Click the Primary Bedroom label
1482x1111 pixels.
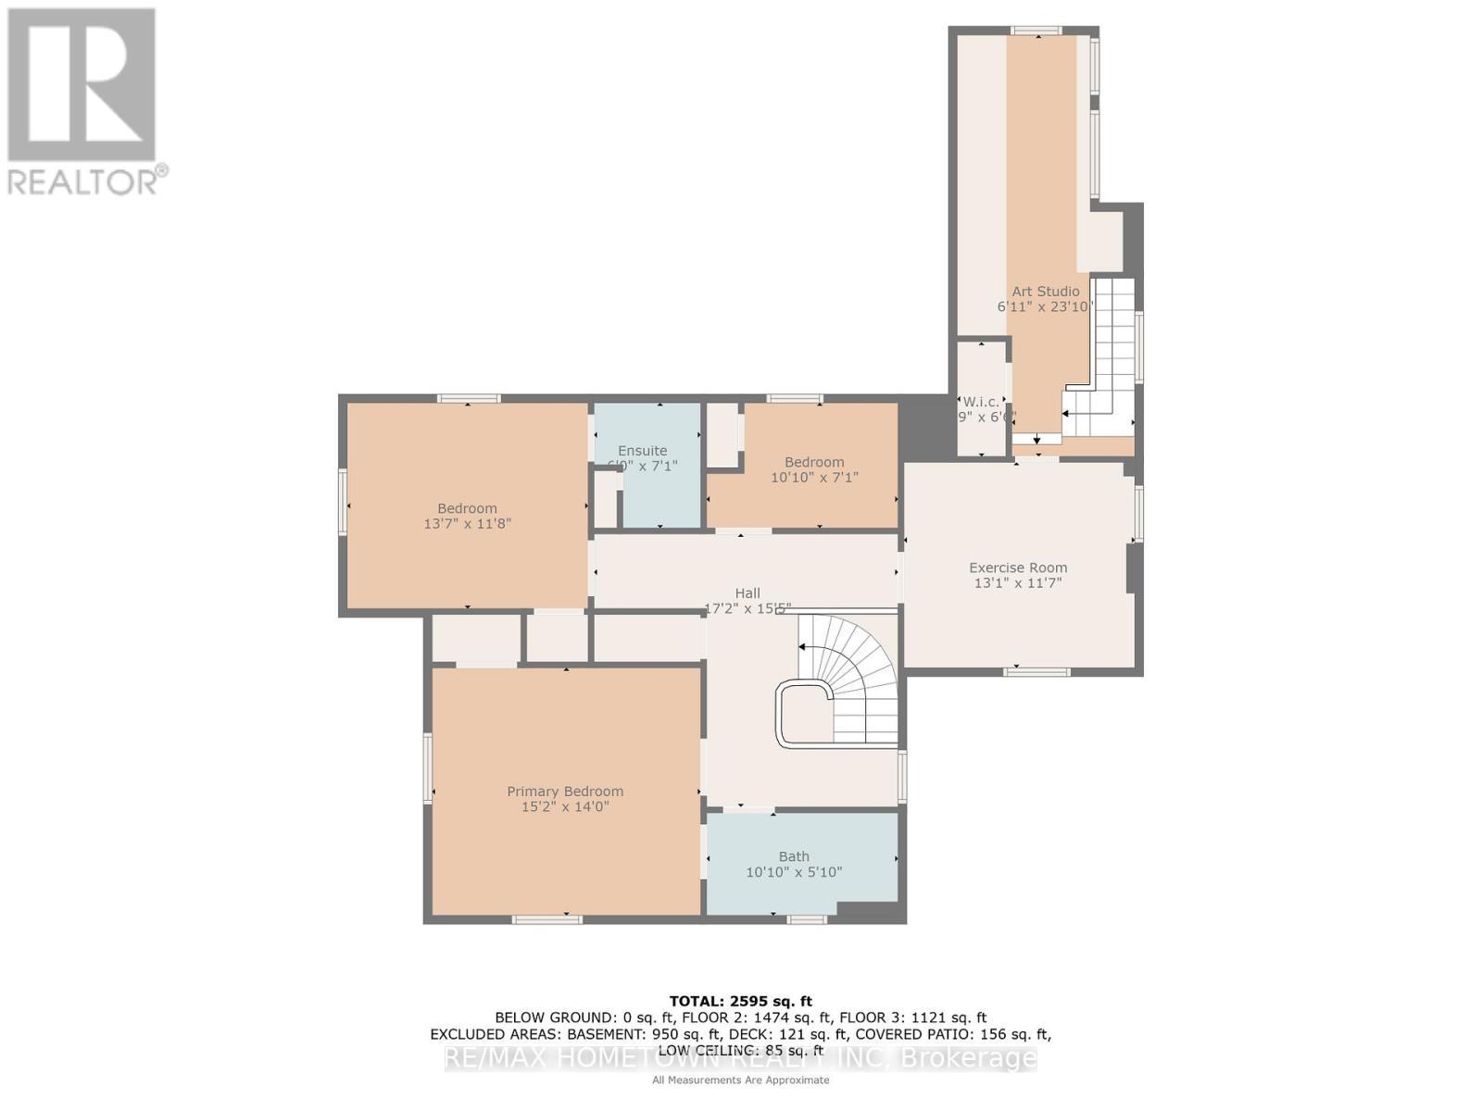(565, 791)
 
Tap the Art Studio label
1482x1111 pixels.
(1045, 291)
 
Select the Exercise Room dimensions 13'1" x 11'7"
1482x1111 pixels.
(1017, 583)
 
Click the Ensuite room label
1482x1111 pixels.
(642, 451)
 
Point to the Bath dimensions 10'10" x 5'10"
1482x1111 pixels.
(794, 872)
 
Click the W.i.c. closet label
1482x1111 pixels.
(981, 402)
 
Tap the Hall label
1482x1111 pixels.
(747, 593)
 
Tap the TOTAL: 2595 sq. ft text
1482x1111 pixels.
(740, 1001)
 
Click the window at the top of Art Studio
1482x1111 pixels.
(1036, 31)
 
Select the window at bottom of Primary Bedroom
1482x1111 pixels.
(546, 919)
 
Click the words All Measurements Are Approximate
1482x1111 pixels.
(740, 1080)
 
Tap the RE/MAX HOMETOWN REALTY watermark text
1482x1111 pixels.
(740, 1058)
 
